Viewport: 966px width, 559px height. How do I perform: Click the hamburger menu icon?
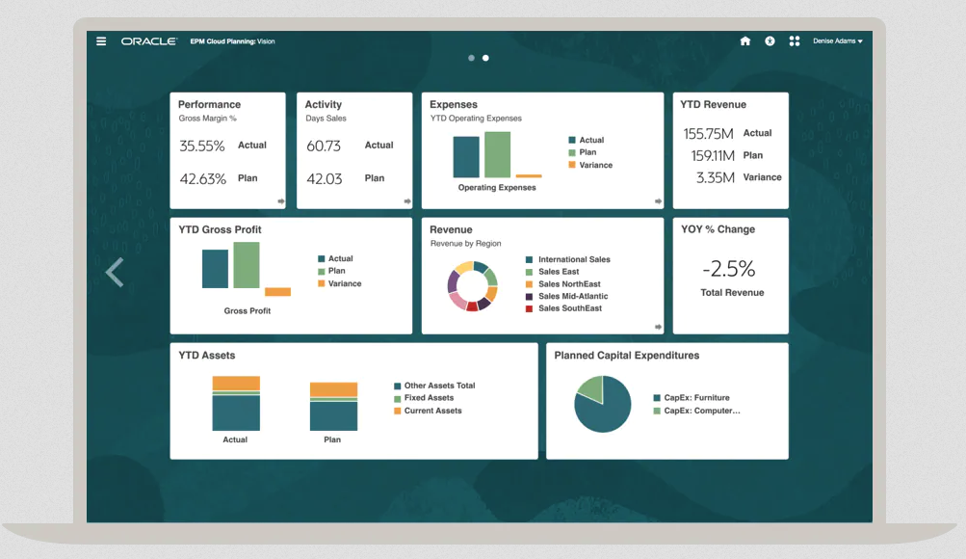tap(101, 41)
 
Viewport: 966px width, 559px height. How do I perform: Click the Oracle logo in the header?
tap(148, 41)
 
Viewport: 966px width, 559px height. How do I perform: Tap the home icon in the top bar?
tap(744, 41)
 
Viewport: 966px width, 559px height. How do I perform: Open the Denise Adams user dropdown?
tap(837, 41)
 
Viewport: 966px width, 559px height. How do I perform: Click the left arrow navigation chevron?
tap(115, 273)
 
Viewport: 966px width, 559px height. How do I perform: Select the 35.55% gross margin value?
tap(202, 146)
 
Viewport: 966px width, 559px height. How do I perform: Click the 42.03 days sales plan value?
tap(324, 178)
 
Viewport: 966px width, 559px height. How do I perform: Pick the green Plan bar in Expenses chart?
tap(497, 154)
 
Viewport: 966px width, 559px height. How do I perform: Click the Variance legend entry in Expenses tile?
tap(595, 165)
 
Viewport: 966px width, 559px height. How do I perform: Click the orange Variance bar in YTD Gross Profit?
tap(277, 291)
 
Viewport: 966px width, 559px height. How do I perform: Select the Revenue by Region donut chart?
tap(472, 284)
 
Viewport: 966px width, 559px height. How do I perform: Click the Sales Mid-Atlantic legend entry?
tap(572, 296)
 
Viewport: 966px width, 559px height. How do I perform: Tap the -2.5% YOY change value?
tap(728, 268)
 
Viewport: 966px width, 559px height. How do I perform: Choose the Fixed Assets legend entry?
tap(429, 398)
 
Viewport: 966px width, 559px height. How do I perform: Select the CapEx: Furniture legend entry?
tap(696, 397)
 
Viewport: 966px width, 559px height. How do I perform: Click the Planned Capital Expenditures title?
tap(626, 356)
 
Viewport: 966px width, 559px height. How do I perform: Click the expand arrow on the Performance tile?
tap(281, 201)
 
